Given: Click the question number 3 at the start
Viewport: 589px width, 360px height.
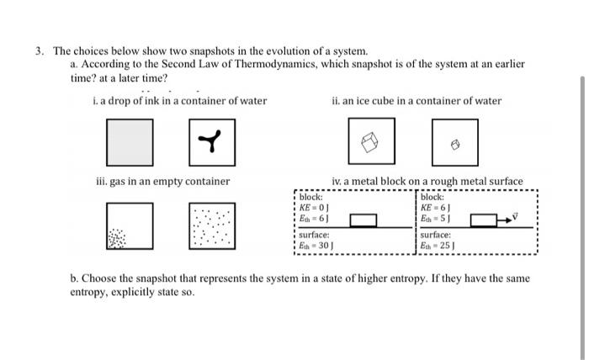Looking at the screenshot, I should click(39, 51).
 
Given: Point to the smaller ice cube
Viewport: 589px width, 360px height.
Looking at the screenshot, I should click(455, 145).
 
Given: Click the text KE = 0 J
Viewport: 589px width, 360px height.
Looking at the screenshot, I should click(314, 207).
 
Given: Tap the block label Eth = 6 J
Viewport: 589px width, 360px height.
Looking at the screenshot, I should click(314, 217).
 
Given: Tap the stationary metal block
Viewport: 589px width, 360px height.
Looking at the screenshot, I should click(363, 220).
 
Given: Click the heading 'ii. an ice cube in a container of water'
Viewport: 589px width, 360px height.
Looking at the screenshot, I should click(417, 101).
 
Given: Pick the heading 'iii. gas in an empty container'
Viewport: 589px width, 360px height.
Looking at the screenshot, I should click(163, 181).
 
